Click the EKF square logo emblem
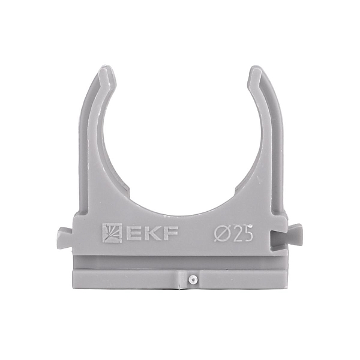coord(112,233)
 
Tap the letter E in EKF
coord(131,233)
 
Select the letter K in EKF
coord(148,233)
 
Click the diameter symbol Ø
coord(221,233)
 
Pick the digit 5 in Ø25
coord(247,233)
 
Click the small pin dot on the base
coord(192,279)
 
